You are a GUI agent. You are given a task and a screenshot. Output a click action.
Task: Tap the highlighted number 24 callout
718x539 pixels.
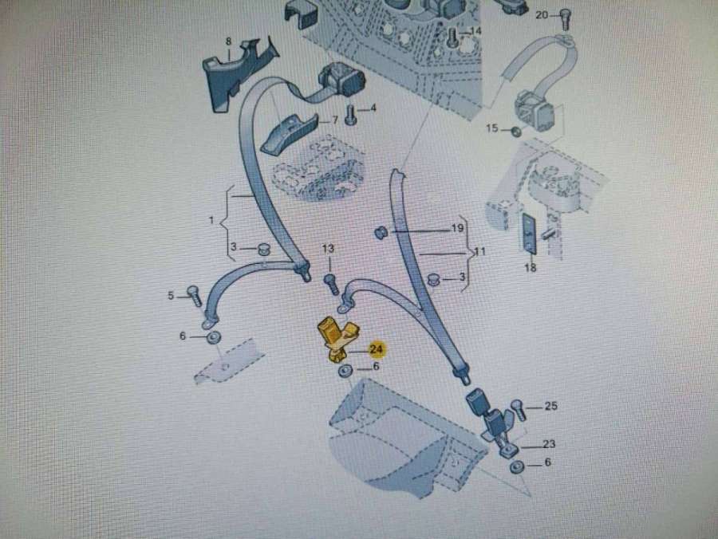tap(376, 348)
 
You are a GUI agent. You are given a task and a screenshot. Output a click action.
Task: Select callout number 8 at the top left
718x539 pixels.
tap(228, 41)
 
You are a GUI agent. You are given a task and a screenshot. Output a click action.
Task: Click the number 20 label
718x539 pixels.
tap(542, 15)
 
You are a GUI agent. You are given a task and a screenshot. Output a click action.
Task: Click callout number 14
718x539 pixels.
tap(476, 31)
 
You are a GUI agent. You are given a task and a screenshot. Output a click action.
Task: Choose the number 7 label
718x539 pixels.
tap(335, 120)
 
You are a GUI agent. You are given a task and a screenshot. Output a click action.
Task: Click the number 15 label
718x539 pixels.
tap(492, 128)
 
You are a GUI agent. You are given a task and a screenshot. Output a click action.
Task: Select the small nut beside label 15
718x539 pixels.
tap(516, 131)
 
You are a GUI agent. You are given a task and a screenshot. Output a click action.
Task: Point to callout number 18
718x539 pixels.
tap(531, 268)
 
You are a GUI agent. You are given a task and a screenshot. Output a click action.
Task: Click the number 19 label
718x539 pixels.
tap(457, 228)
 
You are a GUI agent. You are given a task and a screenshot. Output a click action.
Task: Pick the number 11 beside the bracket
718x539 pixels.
tap(480, 251)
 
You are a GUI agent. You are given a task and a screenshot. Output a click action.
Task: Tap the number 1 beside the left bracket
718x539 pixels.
tap(212, 219)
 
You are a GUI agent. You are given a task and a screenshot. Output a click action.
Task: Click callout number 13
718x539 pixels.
tap(329, 250)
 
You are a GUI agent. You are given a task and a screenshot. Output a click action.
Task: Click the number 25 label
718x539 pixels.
tap(550, 407)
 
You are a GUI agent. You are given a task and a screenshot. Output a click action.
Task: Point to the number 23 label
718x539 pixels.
tap(549, 444)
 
